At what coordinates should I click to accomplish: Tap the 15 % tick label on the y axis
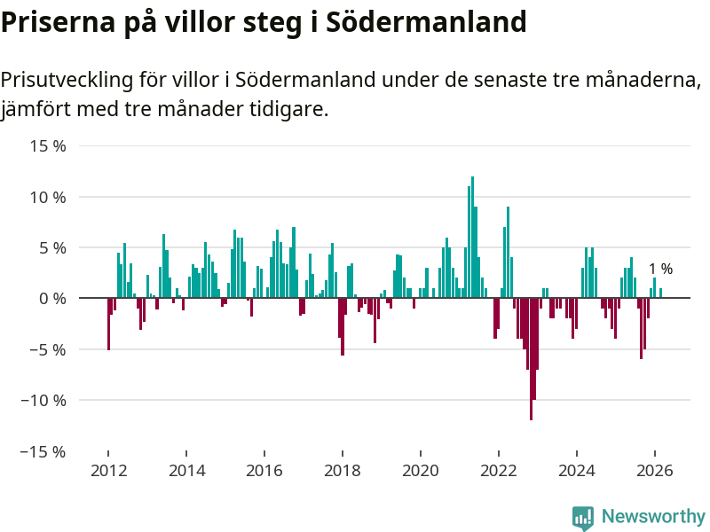pos(47,145)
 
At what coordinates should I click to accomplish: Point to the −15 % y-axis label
pos(43,451)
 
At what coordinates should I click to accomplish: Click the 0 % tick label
pos(51,299)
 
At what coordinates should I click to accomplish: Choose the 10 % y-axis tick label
pos(47,197)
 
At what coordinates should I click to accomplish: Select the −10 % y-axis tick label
pos(43,400)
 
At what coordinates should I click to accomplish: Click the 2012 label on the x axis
pos(107,471)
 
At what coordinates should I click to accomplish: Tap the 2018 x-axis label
pos(343,471)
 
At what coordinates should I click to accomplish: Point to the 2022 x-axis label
pos(499,471)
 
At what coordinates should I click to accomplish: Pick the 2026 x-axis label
pos(655,471)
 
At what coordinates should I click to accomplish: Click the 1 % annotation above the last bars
pos(660,269)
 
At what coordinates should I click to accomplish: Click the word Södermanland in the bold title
pos(427,22)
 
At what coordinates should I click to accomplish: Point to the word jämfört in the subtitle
pos(35,110)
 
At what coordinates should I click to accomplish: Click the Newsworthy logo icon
pos(582,518)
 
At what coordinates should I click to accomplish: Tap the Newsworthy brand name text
pos(653,516)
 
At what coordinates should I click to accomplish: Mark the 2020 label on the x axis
pos(421,471)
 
